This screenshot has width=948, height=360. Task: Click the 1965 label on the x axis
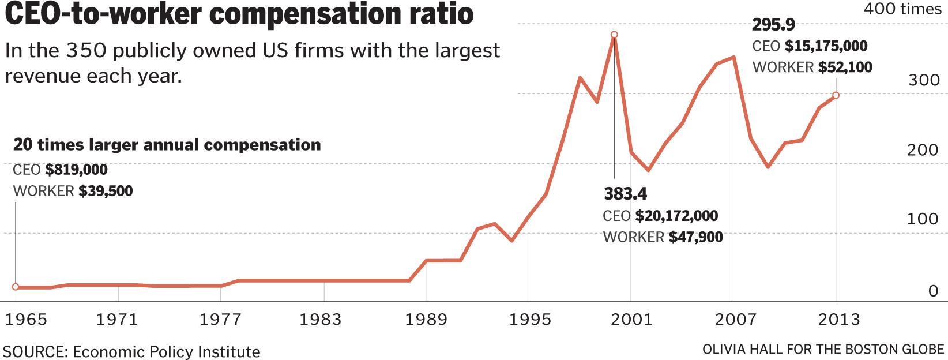[x=26, y=319]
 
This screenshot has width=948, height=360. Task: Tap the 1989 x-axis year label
[x=426, y=319]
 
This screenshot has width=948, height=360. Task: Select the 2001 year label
[x=631, y=319]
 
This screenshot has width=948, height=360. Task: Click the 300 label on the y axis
[x=924, y=80]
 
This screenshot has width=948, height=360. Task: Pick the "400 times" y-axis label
[x=902, y=9]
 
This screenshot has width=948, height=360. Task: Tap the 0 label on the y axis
[x=933, y=291]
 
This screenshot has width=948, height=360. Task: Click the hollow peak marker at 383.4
[x=614, y=35]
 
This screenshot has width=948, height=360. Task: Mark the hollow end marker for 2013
[x=836, y=95]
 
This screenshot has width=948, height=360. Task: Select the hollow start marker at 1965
[x=16, y=287]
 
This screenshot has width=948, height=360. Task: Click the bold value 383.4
[x=625, y=194]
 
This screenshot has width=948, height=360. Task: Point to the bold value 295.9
[x=773, y=25]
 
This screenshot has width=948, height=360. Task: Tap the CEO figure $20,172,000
[x=676, y=216]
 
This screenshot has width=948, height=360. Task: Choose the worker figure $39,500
[x=106, y=191]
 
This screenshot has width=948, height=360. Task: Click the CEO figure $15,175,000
[x=826, y=46]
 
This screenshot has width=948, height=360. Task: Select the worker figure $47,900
[x=695, y=237]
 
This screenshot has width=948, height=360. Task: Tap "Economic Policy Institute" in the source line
[x=166, y=351]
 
